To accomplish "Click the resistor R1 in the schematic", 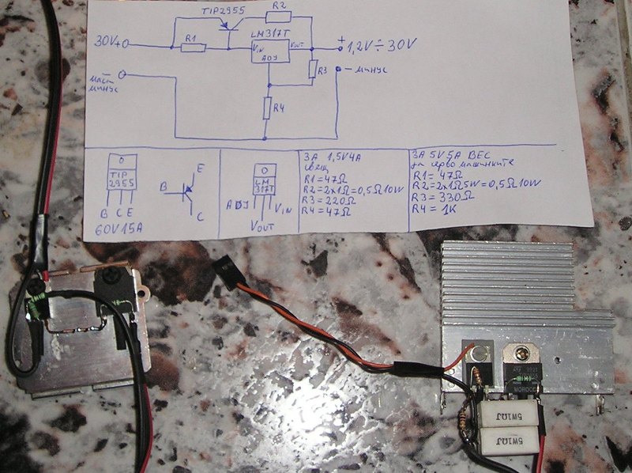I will pyautogui.click(x=193, y=47).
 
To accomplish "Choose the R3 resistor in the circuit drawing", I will pyautogui.click(x=313, y=70).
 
